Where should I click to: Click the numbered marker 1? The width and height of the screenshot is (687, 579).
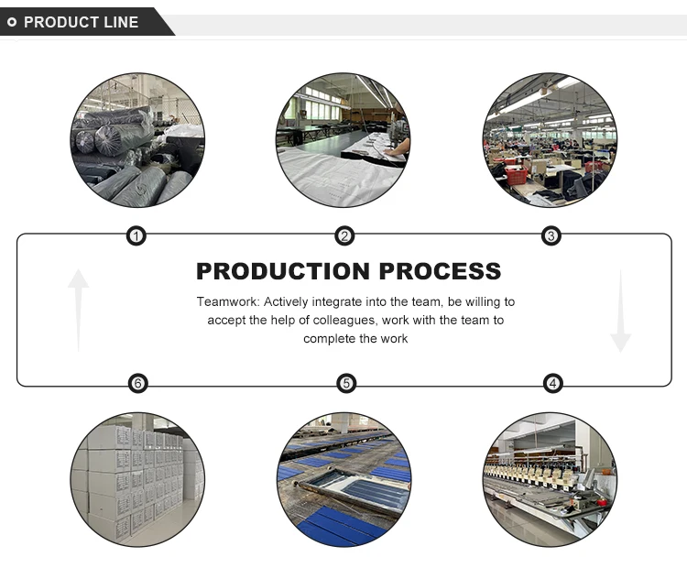pyautogui.click(x=136, y=236)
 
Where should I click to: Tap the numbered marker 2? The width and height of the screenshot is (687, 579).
pyautogui.click(x=344, y=236)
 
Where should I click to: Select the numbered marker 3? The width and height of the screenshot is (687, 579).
pyautogui.click(x=551, y=236)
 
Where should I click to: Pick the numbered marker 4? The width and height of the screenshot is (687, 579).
pyautogui.click(x=553, y=384)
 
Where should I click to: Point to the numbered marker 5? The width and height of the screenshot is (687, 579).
pyautogui.click(x=346, y=384)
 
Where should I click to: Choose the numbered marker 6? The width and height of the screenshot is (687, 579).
pyautogui.click(x=138, y=384)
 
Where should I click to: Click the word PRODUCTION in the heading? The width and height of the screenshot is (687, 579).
pyautogui.click(x=283, y=271)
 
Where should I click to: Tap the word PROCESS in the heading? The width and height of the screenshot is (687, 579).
pyautogui.click(x=440, y=271)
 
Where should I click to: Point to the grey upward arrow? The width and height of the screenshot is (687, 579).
pyautogui.click(x=79, y=311)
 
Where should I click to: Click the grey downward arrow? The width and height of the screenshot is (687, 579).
pyautogui.click(x=620, y=311)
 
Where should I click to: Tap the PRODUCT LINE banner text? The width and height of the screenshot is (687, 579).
pyautogui.click(x=81, y=22)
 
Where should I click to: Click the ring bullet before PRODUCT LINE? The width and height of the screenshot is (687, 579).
pyautogui.click(x=12, y=22)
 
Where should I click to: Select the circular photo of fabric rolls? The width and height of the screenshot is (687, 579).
pyautogui.click(x=137, y=140)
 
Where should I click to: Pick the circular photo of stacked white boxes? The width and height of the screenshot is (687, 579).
pyautogui.click(x=137, y=479)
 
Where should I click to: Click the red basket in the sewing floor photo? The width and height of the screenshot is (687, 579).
pyautogui.click(x=516, y=175)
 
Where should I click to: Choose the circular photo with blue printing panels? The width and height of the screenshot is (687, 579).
pyautogui.click(x=344, y=479)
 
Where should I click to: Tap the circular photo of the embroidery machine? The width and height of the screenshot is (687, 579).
pyautogui.click(x=551, y=479)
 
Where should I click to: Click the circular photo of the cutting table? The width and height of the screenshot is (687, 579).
pyautogui.click(x=343, y=140)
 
